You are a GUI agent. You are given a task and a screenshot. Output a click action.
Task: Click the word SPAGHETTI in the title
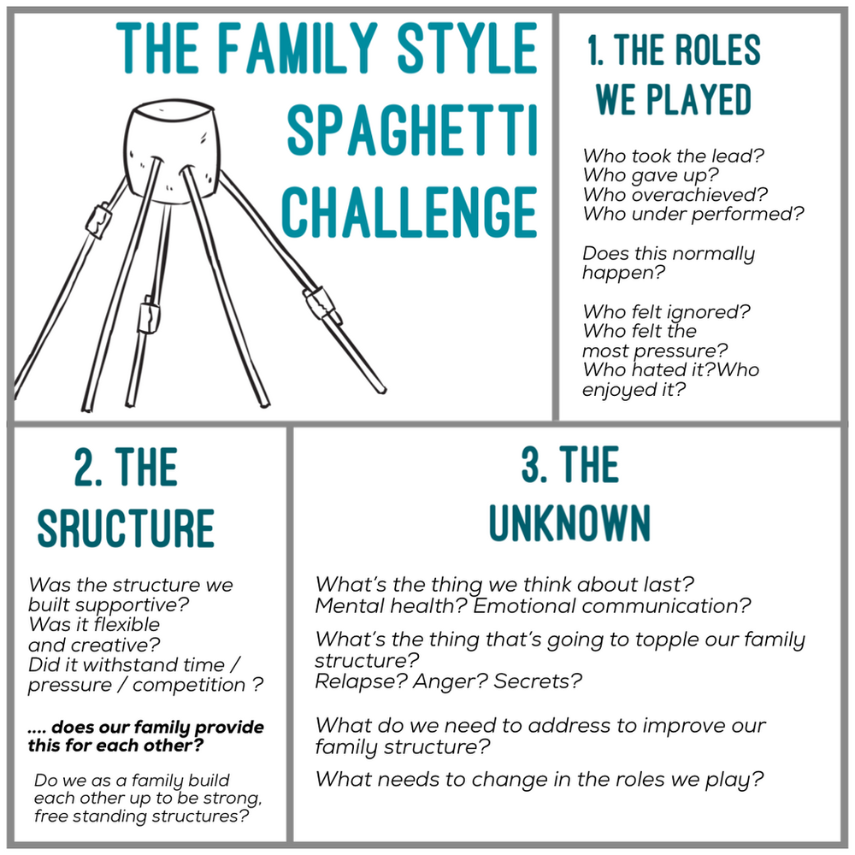coord(412,131)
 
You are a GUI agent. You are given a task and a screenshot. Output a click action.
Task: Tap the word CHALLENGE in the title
coord(410,211)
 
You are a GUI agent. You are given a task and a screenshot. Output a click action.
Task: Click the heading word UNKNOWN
coord(569,523)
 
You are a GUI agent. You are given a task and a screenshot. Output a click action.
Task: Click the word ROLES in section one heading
coord(717,50)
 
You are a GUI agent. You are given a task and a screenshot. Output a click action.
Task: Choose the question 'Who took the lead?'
coord(674,156)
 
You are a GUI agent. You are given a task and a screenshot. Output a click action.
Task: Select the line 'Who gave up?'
coord(651,175)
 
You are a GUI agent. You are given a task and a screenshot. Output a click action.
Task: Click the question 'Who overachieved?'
coord(675,195)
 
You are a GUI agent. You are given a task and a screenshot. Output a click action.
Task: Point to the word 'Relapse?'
coord(361,681)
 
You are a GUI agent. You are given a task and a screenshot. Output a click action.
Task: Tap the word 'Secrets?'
coord(538,681)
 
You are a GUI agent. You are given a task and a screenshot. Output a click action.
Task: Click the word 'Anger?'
coord(451,682)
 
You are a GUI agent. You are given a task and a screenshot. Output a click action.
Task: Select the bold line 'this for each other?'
coord(115,745)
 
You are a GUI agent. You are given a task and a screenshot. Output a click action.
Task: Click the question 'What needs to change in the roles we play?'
coord(540,780)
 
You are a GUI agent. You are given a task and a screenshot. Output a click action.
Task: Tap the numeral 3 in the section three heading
coord(531,464)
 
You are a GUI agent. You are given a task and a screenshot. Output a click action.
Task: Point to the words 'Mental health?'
coord(391,606)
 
